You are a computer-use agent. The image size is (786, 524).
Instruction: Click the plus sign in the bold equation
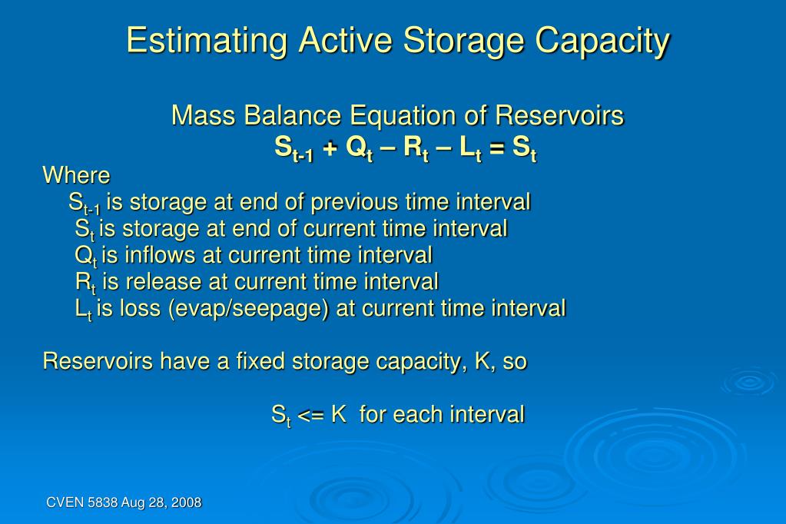[330, 148]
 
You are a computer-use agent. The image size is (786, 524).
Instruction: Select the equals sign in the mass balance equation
[497, 148]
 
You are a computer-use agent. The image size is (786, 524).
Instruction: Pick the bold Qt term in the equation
[359, 149]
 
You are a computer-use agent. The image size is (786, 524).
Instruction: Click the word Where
[77, 175]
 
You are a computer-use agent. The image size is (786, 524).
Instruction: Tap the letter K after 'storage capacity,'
[483, 361]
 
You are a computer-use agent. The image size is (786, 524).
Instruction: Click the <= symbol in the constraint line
[311, 415]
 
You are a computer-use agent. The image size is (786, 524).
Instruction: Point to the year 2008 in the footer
[187, 503]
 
